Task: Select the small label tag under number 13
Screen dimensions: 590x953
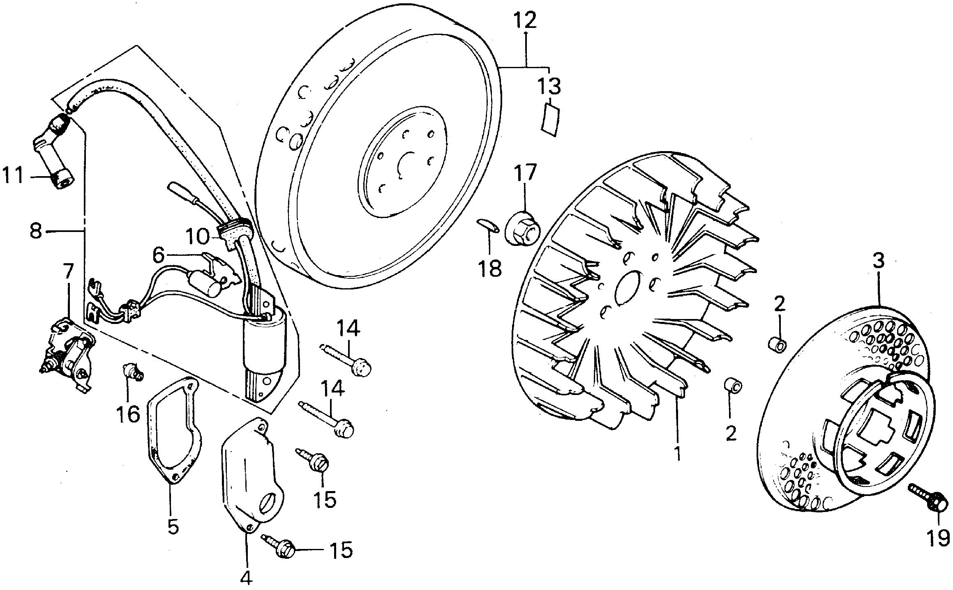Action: [x=551, y=119]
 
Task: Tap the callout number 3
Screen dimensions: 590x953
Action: [x=878, y=261]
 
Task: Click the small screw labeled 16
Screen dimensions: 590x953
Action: [x=132, y=369]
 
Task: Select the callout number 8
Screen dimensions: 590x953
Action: [x=36, y=232]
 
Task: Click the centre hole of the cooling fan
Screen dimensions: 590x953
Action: [x=628, y=287]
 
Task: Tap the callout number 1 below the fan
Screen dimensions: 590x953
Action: [x=677, y=452]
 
